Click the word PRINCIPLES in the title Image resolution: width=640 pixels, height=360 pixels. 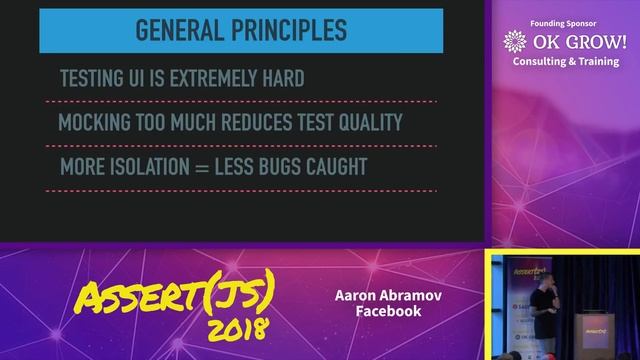291,30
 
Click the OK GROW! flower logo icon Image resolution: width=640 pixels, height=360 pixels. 515,42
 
